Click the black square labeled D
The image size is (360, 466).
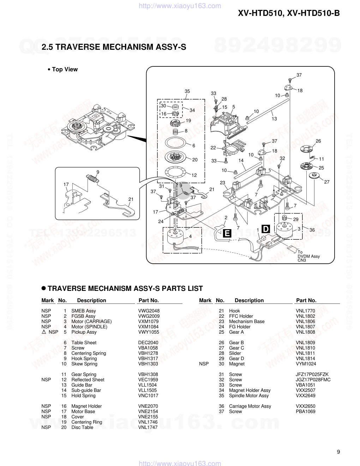click(265, 229)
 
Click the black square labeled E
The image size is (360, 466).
click(227, 233)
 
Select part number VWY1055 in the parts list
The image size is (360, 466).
click(149, 332)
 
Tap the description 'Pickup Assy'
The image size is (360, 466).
click(84, 332)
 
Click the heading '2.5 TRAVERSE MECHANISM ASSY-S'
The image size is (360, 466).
click(114, 47)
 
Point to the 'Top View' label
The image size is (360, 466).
click(64, 69)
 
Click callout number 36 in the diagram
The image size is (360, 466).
click(312, 230)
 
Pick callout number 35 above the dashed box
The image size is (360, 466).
click(187, 91)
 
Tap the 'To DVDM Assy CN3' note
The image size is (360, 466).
click(308, 256)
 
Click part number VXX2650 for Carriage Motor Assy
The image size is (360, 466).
click(305, 406)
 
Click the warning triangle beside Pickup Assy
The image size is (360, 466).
click(44, 332)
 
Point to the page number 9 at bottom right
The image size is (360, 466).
click(338, 452)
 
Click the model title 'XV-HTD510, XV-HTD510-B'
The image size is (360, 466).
click(289, 13)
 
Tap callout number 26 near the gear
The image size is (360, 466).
click(318, 141)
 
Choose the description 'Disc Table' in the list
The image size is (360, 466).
click(82, 427)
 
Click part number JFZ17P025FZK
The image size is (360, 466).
click(312, 374)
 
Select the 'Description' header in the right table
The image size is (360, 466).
click(249, 300)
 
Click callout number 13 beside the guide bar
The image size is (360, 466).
click(274, 119)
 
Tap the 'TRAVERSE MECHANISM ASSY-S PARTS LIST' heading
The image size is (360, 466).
click(125, 288)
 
